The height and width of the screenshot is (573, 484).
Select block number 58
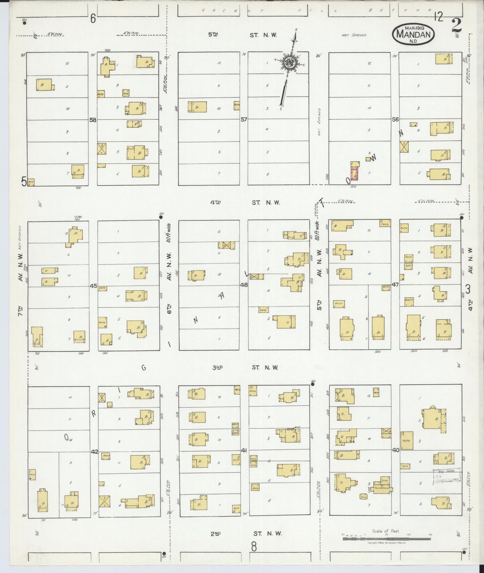tap(93, 120)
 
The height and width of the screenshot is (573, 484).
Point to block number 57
tap(244, 119)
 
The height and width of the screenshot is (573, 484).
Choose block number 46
tap(244, 285)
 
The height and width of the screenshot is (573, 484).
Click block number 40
tap(395, 450)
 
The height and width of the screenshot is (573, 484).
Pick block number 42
tap(94, 452)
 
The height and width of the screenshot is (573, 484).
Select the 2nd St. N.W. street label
tap(246, 534)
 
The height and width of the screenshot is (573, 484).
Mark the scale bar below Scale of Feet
tap(386, 539)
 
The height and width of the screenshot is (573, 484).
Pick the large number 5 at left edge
tap(24, 181)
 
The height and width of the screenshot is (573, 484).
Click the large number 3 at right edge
tap(468, 289)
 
